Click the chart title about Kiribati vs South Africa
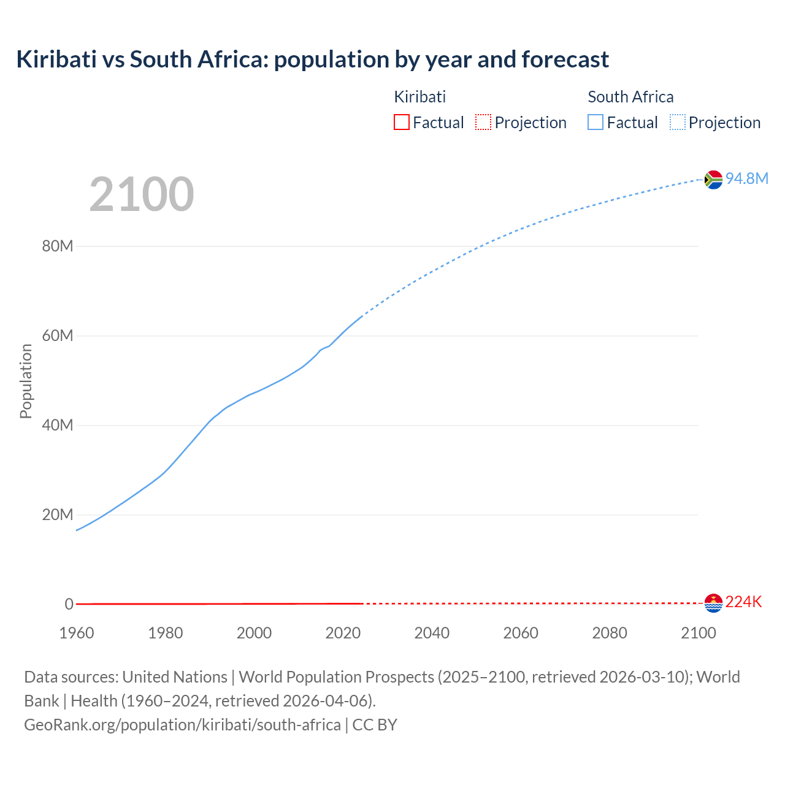312,59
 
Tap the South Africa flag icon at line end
713,180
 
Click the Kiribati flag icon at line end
713,603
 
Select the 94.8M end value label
746,178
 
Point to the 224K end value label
743,602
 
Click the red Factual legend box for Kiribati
401,122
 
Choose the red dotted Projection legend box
483,122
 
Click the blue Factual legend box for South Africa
595,122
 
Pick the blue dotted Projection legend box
678,122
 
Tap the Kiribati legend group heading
419,97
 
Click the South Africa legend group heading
630,97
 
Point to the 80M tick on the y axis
57,247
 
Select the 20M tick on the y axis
57,515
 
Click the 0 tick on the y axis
69,604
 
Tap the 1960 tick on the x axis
77,633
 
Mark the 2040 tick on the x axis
432,633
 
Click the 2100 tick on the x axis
699,633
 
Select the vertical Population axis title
26,381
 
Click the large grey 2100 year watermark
142,194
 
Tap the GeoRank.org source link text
182,725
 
